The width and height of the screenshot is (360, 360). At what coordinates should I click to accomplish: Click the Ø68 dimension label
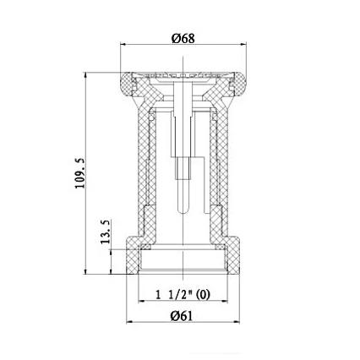[x=183, y=38]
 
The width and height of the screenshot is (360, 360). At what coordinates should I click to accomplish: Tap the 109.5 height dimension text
[x=80, y=174]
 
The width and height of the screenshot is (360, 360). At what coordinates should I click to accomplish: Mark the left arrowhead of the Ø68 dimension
[x=123, y=46]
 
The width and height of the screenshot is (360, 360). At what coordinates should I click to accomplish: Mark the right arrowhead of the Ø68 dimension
[x=244, y=46]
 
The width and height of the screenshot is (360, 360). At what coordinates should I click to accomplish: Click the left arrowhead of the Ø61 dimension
[x=129, y=322]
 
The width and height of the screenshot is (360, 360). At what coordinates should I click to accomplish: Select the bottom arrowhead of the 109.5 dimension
[x=87, y=272]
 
